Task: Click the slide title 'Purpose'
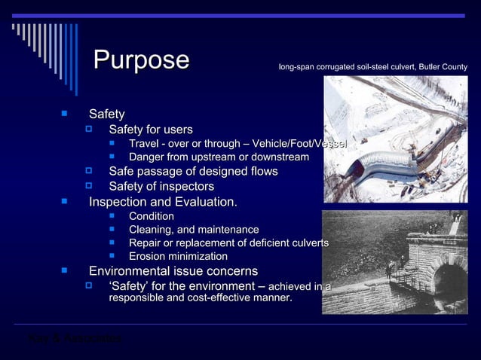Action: pyautogui.click(x=141, y=60)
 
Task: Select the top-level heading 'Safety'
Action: pyautogui.click(x=107, y=114)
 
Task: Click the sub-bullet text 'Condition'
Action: pyautogui.click(x=152, y=216)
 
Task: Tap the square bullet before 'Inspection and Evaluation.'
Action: pyautogui.click(x=66, y=202)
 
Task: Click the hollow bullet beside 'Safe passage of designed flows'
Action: pyautogui.click(x=88, y=172)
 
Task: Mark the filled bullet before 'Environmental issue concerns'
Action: pyautogui.click(x=66, y=270)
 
